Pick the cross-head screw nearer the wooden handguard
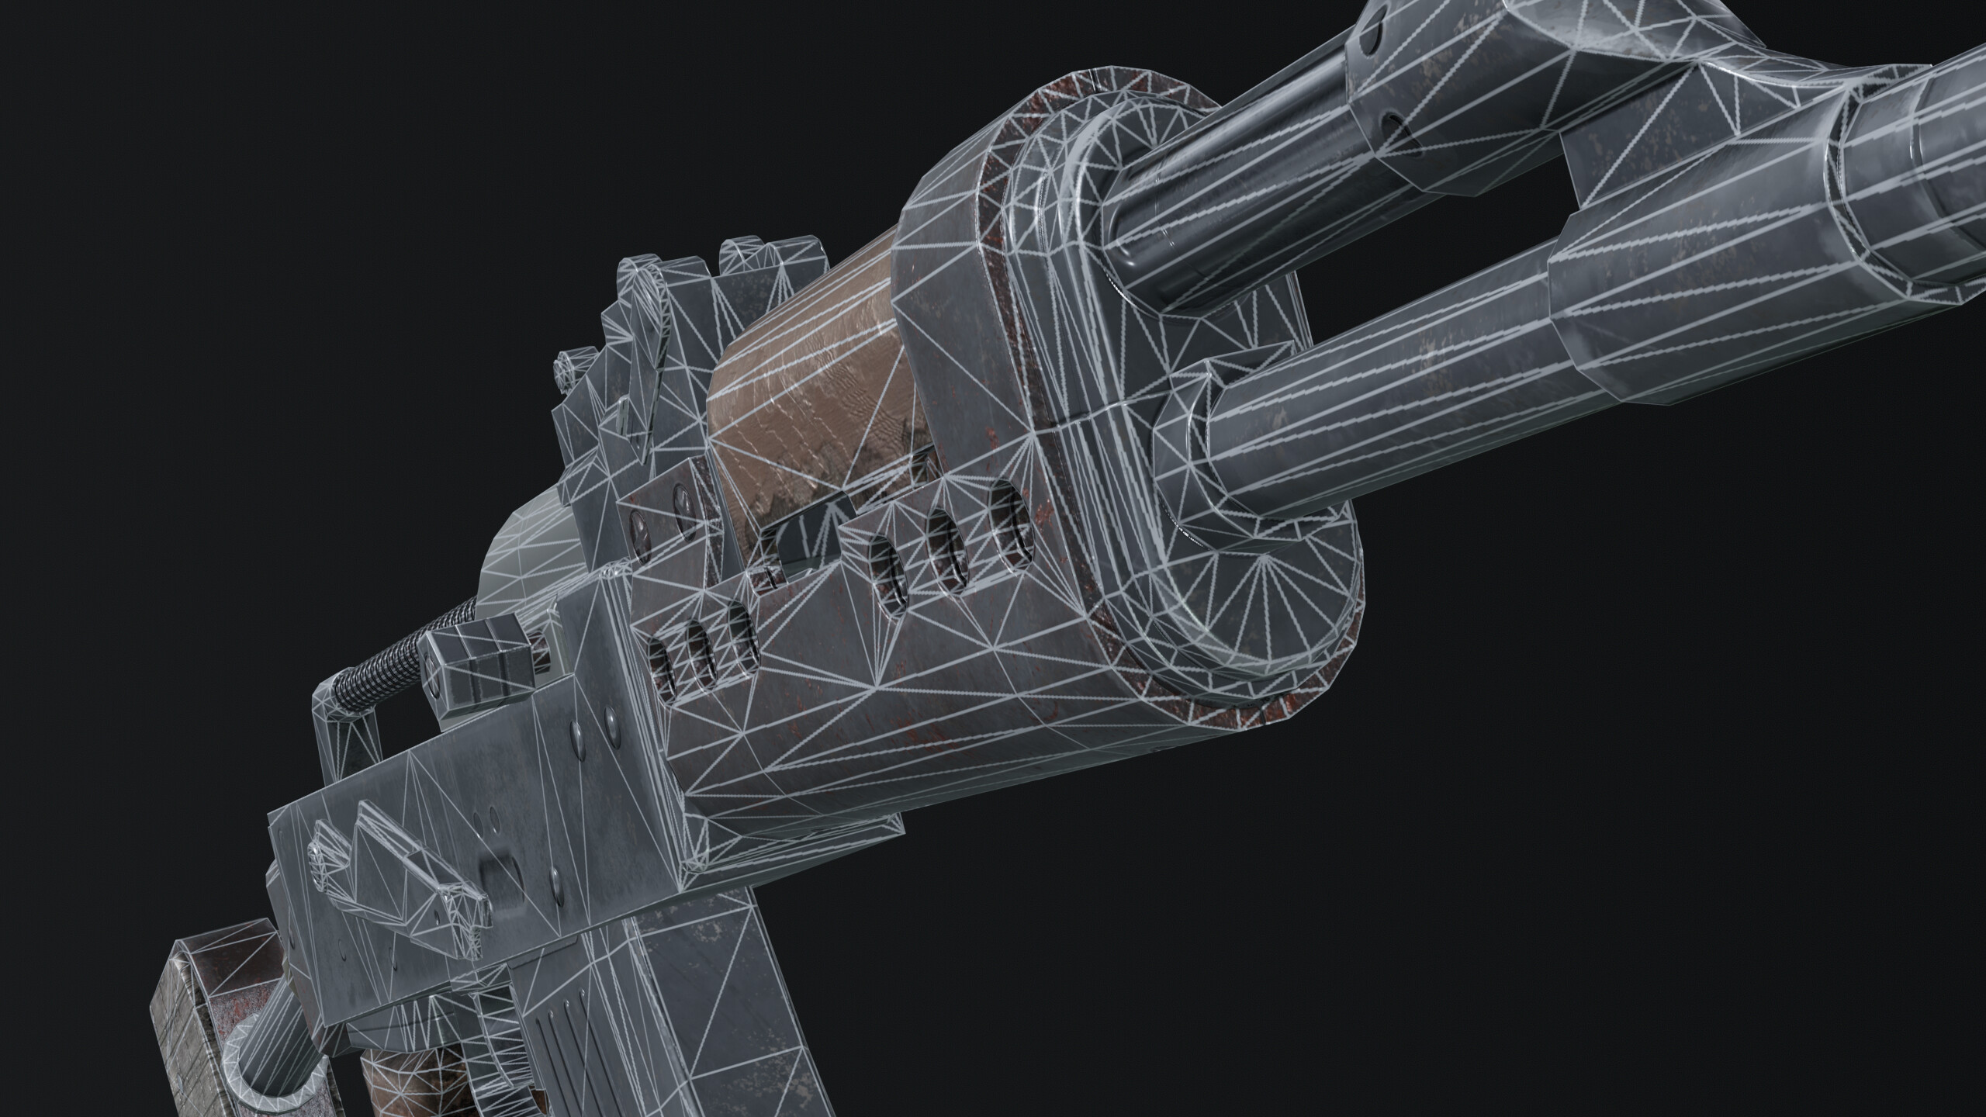pyautogui.click(x=681, y=504)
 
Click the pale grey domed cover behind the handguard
pyautogui.click(x=528, y=558)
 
